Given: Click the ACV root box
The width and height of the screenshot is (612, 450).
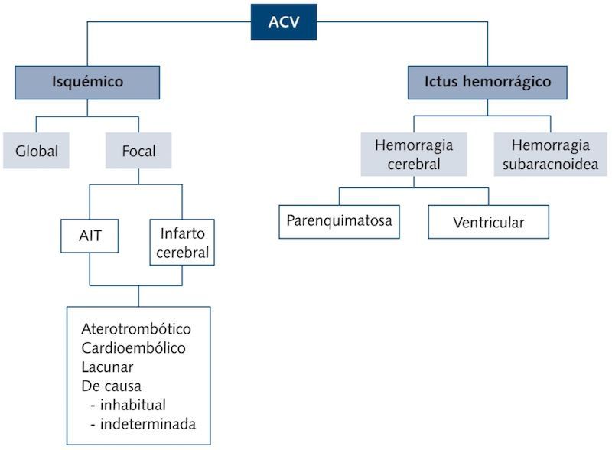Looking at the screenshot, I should pyautogui.click(x=284, y=21).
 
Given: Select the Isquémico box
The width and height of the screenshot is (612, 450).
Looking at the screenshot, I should pyautogui.click(x=87, y=82).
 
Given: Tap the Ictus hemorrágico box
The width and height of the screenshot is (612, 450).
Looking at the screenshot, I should pyautogui.click(x=487, y=82).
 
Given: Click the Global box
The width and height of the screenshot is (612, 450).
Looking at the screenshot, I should pyautogui.click(x=37, y=151).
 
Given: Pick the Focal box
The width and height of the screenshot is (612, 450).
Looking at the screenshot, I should pyautogui.click(x=138, y=151).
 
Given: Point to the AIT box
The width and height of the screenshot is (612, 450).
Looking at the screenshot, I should pyautogui.click(x=90, y=236).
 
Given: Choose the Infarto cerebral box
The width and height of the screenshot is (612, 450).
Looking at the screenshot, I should pyautogui.click(x=182, y=243).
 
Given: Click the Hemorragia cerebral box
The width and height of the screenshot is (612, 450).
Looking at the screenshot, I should pyautogui.click(x=414, y=154).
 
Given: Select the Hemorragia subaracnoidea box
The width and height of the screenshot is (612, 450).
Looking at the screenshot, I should pyautogui.click(x=550, y=154).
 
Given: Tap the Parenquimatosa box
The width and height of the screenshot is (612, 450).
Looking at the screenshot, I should pyautogui.click(x=339, y=221).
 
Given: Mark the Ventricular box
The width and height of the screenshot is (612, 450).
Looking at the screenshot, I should pyautogui.click(x=488, y=223).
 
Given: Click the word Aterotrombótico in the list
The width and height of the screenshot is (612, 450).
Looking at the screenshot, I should pyautogui.click(x=136, y=330).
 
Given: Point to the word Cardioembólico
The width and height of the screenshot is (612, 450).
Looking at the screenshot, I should pyautogui.click(x=134, y=348).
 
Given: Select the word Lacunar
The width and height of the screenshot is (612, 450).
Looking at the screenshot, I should pyautogui.click(x=106, y=367).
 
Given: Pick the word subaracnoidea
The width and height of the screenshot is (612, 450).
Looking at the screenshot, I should pyautogui.click(x=550, y=163).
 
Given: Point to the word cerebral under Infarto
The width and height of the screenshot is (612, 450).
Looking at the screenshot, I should pyautogui.click(x=182, y=253).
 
